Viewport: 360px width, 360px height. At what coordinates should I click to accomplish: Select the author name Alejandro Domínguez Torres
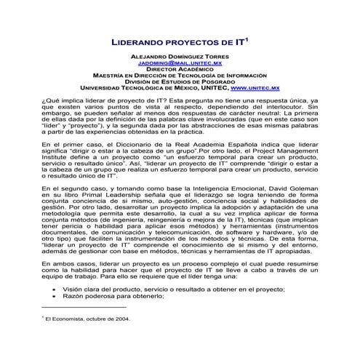click(x=180, y=55)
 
